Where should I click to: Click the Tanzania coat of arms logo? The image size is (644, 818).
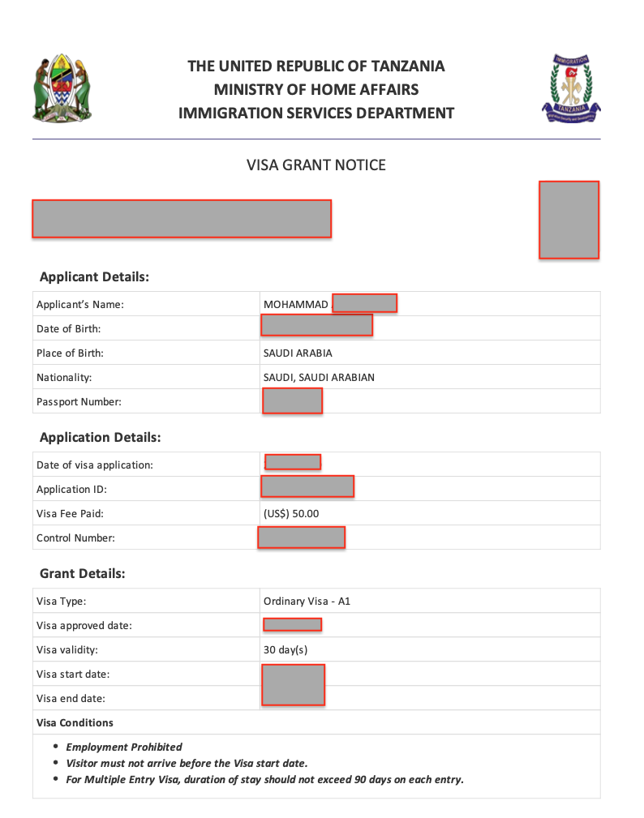pos(62,89)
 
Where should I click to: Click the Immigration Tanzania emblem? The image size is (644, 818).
pos(572,88)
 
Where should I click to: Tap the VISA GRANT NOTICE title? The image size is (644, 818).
pos(316,165)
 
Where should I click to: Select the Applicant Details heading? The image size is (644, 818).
pos(94,276)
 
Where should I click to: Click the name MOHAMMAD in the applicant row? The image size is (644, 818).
pos(296,305)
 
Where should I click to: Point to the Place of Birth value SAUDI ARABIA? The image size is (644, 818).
pos(298,353)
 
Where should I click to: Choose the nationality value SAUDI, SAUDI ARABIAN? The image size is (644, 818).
pos(319,378)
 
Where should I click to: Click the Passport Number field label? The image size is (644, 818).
pos(79,402)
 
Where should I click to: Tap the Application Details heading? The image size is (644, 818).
pos(100,437)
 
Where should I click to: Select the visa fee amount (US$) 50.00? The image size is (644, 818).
pos(291,514)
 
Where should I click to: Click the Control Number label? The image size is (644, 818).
pos(75,538)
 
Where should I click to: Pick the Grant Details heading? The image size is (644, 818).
pos(82,573)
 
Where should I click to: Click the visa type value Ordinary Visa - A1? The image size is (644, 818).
pos(307,602)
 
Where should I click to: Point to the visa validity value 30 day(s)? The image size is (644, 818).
pos(286,650)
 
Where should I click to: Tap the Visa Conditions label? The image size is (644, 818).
pos(75,723)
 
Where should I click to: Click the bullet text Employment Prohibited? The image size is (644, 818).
pos(124,747)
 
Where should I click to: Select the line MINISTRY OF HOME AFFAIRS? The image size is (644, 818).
pos(316,89)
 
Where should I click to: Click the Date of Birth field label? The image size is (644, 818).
pos(68,329)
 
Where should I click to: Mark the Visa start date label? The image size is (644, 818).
pos(73,675)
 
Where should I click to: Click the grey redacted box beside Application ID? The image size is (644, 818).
pos(307,486)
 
